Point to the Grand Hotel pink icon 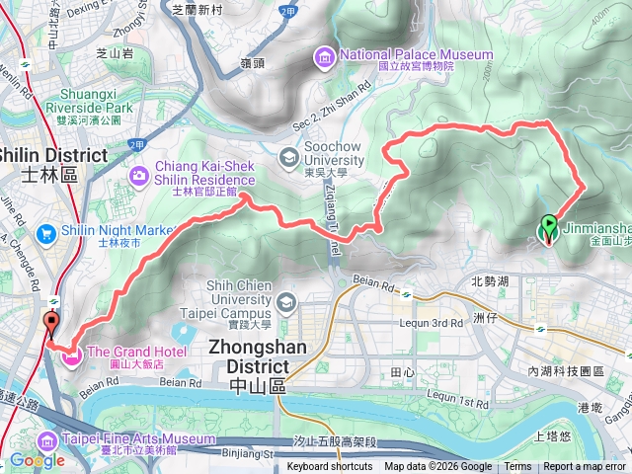point(72,354)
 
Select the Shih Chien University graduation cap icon point(286,300)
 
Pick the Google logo point(37,460)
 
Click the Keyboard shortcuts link point(330,467)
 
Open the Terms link point(517,467)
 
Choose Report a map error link point(586,467)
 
